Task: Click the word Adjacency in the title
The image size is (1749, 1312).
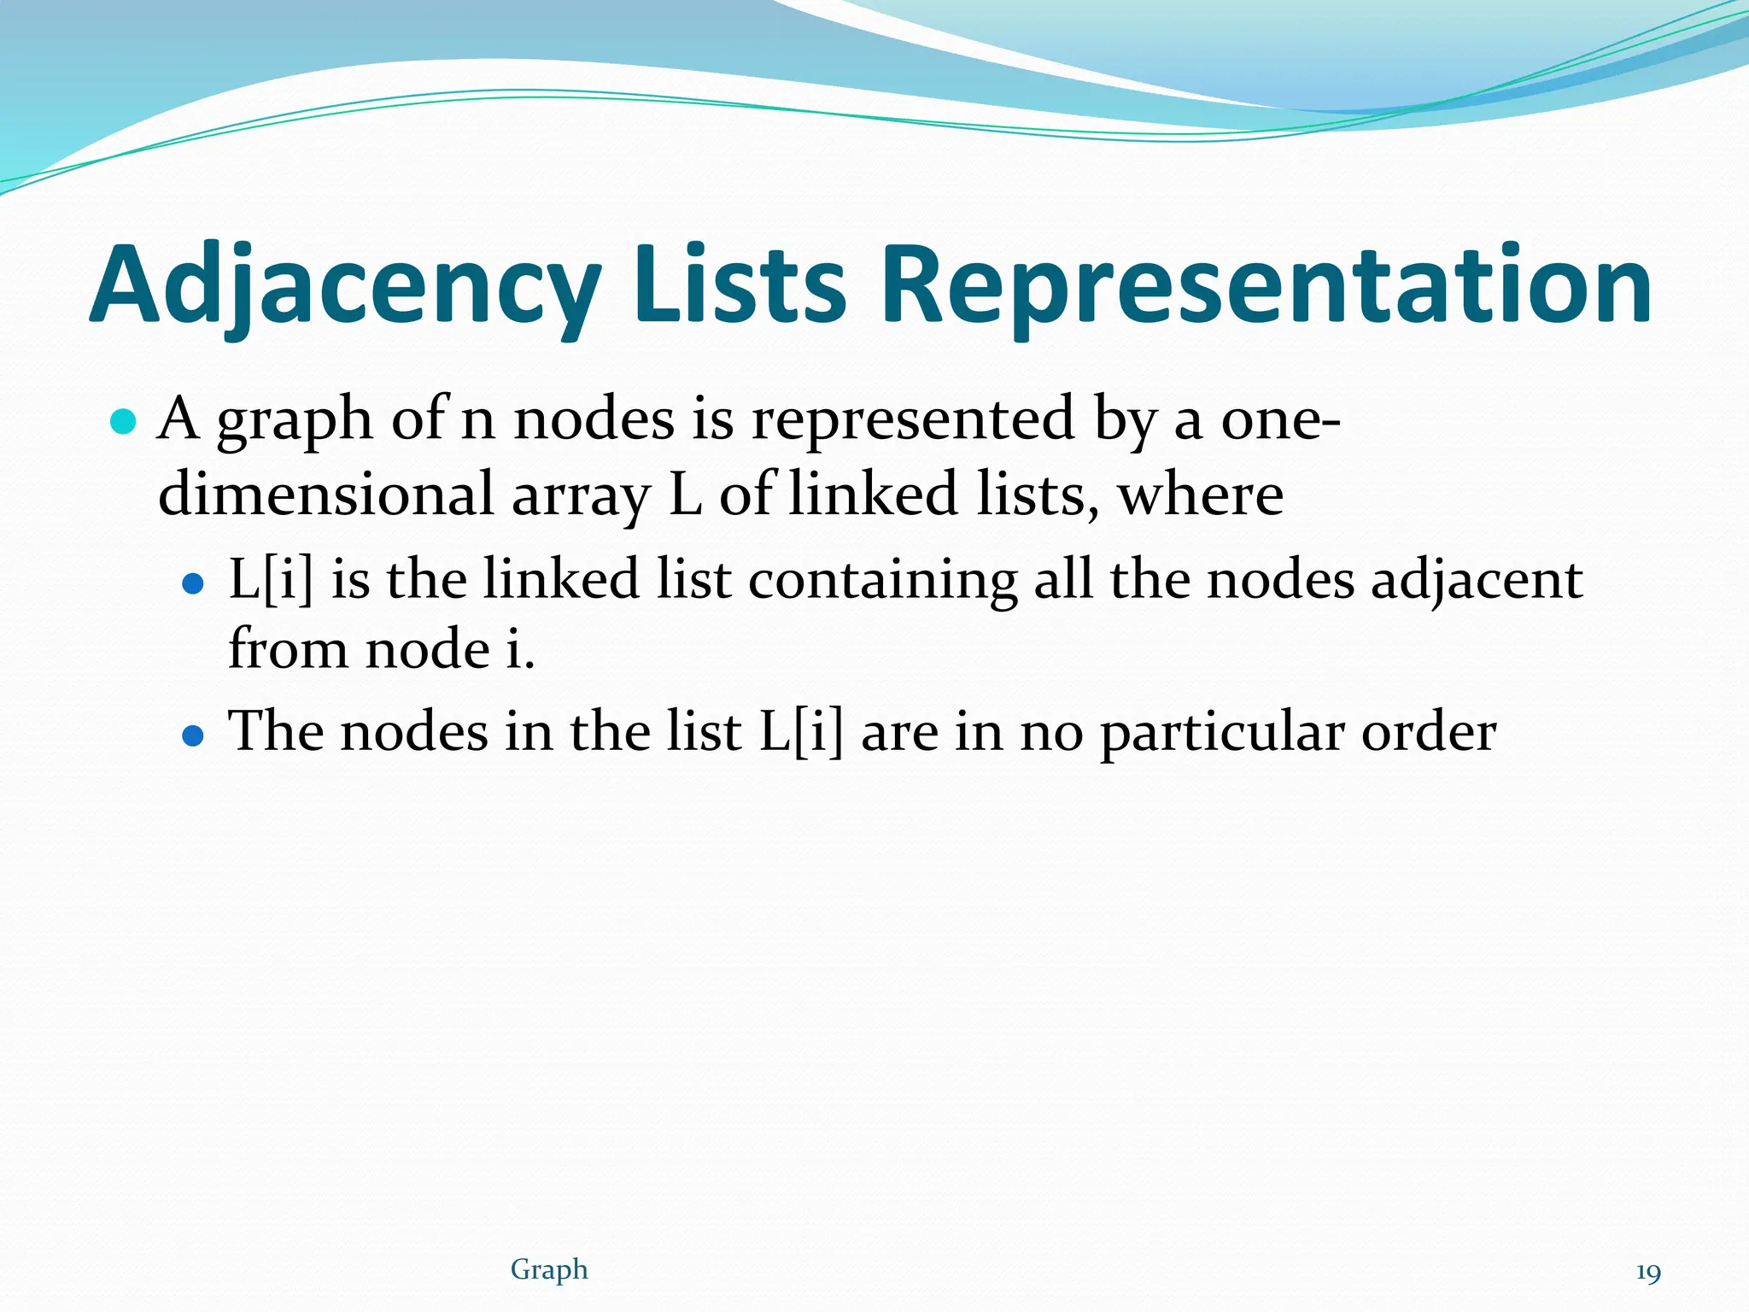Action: click(345, 285)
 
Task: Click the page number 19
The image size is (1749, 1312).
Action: click(1647, 1273)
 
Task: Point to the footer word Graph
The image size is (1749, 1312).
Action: click(549, 1269)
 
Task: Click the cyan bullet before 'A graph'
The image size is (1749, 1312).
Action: click(124, 422)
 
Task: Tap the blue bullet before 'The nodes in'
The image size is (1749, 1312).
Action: click(194, 735)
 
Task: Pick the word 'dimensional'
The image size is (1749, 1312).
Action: click(326, 495)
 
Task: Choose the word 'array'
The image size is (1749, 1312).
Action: click(581, 496)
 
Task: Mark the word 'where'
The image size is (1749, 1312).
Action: click(1200, 495)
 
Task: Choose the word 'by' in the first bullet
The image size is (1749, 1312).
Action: click(1124, 420)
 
